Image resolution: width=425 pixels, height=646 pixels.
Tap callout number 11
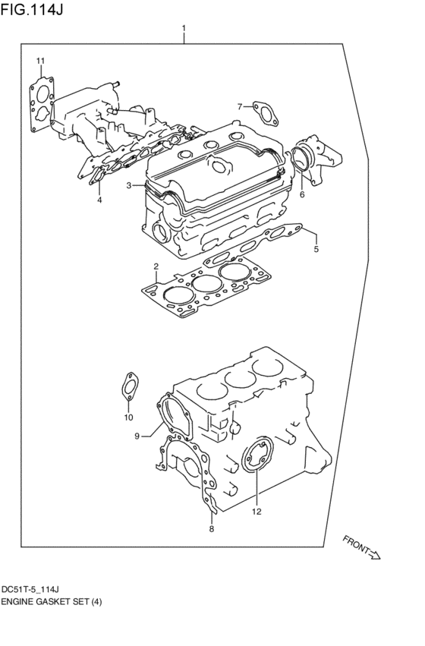41,61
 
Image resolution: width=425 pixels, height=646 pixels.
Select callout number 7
239,106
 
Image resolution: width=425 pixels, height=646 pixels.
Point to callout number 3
130,185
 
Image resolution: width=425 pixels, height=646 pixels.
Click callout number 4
99,200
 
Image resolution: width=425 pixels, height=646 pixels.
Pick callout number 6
301,194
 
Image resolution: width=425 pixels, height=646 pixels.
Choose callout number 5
316,248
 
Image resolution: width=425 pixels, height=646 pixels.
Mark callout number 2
155,266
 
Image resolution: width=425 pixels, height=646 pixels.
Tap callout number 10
128,417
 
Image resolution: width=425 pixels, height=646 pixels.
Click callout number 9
138,436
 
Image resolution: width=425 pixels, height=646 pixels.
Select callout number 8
212,529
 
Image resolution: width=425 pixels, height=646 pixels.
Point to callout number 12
257,511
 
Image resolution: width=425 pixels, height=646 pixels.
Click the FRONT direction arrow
362,548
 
